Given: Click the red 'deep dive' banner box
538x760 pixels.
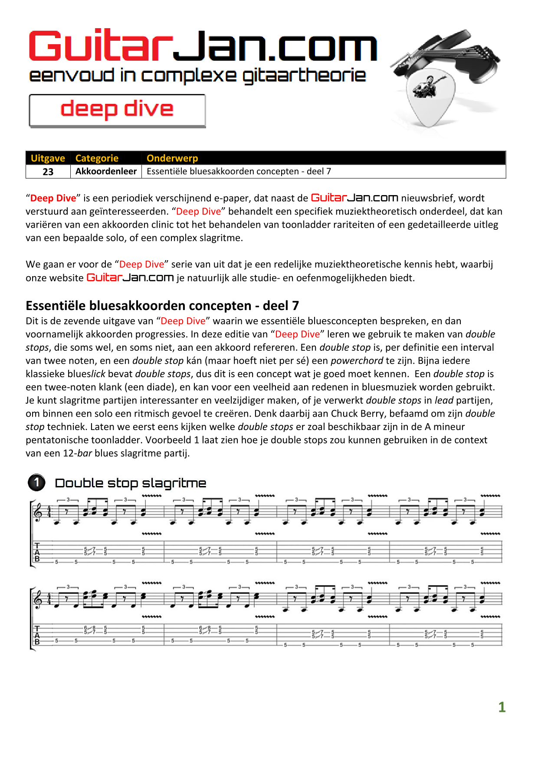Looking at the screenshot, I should pyautogui.click(x=117, y=110).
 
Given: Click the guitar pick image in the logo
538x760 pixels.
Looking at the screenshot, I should pyautogui.click(x=430, y=98).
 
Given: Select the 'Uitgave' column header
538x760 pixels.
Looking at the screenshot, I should pyautogui.click(x=48, y=158).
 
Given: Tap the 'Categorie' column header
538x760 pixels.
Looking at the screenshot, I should pyautogui.click(x=97, y=158).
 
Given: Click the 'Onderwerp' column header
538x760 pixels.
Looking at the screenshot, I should pyautogui.click(x=172, y=158).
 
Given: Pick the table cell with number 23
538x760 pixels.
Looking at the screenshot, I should pyautogui.click(x=48, y=172).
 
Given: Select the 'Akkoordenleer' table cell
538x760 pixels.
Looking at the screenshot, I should pyautogui.click(x=106, y=172).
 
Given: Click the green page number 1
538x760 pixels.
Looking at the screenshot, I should pyautogui.click(x=502, y=707).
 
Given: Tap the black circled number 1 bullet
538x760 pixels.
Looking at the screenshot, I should pyautogui.click(x=37, y=483).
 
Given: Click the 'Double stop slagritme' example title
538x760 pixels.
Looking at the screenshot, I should pyautogui.click(x=130, y=483).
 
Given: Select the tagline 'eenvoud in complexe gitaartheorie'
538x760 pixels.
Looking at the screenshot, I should pyautogui.click(x=197, y=75).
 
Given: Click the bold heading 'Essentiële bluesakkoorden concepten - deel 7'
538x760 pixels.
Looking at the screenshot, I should pyautogui.click(x=162, y=306).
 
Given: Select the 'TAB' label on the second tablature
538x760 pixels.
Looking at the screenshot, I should pyautogui.click(x=37, y=635).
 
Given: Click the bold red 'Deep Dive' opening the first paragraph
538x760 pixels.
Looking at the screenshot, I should pyautogui.click(x=53, y=198).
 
